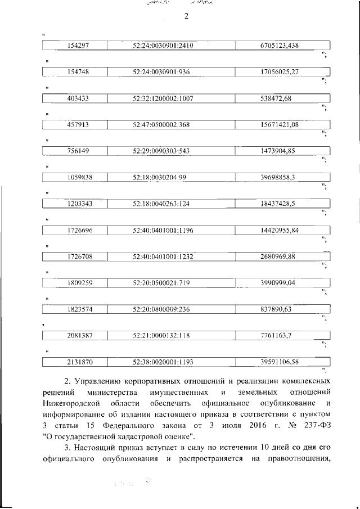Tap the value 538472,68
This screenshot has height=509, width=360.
[x=276, y=98]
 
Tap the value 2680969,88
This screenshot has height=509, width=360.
[x=276, y=256]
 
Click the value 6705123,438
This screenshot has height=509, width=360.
[x=279, y=46]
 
